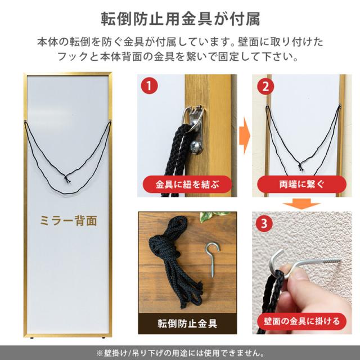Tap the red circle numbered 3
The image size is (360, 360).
pyautogui.click(x=263, y=223)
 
